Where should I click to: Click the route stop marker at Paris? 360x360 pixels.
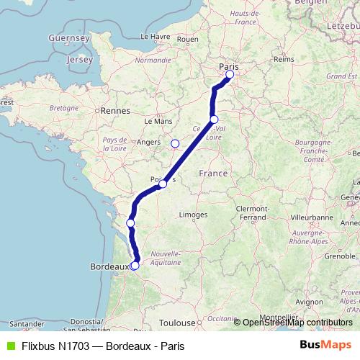tap(230, 74)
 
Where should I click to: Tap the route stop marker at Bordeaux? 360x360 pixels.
tap(135, 266)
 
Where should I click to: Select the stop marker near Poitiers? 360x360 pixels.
tap(163, 184)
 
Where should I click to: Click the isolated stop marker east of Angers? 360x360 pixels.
tap(174, 143)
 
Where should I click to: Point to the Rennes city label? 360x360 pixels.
tap(115, 111)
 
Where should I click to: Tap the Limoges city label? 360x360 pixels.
tap(193, 215)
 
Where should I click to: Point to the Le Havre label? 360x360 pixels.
tap(154, 36)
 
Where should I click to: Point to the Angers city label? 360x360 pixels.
tap(148, 143)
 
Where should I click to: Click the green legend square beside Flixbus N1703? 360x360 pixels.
tap(9, 346)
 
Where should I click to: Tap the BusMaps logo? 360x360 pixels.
tap(325, 346)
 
